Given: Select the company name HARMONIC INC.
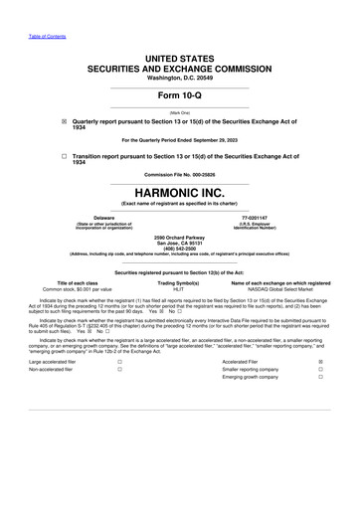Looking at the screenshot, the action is [179, 191].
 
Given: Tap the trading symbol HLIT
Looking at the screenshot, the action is [179, 288].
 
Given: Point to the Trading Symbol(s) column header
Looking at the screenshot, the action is [179, 281].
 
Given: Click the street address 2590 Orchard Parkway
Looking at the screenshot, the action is [179, 236].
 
